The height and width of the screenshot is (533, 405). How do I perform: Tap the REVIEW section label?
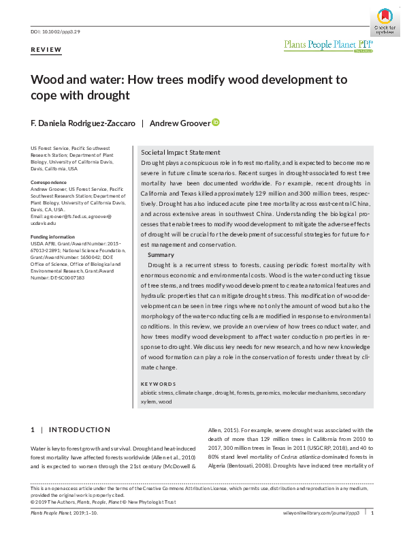[46, 50]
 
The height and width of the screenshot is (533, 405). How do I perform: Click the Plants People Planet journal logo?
[328, 45]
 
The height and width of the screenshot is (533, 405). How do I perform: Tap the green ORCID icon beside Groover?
[216, 123]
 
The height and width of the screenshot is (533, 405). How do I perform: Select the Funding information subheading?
[53, 237]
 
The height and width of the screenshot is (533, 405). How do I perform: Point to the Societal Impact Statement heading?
[180, 152]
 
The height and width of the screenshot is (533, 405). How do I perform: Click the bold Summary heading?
[161, 254]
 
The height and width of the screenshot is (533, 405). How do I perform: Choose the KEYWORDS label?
[158, 383]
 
